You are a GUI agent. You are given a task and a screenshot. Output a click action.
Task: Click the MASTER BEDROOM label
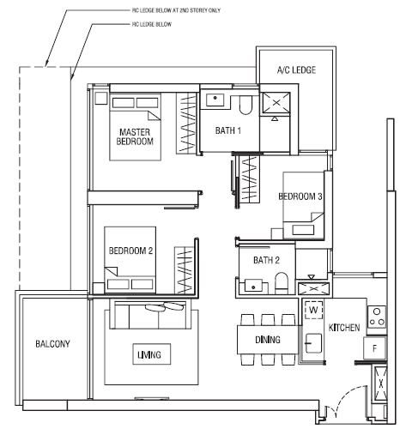tap(135, 136)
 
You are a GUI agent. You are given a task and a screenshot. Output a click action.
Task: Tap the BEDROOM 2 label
tap(130, 251)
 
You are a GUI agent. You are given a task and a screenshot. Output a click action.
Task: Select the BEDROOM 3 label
tap(300, 196)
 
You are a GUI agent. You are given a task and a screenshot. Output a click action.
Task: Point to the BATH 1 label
tap(228, 130)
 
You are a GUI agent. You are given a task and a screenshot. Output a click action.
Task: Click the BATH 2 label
tap(266, 260)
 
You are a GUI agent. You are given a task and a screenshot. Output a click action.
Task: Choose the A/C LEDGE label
tap(296, 70)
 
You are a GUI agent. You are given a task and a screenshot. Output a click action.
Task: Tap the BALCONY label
tap(52, 344)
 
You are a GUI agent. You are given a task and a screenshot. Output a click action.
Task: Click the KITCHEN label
tap(344, 328)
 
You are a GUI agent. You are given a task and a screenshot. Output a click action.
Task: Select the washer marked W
tap(314, 310)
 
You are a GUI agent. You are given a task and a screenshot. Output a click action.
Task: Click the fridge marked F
tap(375, 348)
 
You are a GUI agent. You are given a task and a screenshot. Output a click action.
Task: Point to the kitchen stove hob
tap(377, 317)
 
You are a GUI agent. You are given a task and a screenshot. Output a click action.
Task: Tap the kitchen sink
tap(313, 343)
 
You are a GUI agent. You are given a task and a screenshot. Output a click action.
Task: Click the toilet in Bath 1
tap(245, 105)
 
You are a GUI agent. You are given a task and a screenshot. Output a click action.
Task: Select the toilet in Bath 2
tap(281, 283)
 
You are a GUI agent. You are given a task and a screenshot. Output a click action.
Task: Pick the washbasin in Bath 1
tap(215, 100)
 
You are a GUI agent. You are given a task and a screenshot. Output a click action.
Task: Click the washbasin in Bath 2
tap(253, 286)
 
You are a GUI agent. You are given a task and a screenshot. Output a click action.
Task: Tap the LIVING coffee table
tap(152, 354)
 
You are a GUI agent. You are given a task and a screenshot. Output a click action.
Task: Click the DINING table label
tap(268, 340)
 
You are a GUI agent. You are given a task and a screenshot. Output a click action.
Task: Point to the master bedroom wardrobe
tap(186, 123)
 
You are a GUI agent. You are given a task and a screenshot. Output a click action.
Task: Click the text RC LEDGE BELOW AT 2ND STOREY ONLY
tap(176, 10)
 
